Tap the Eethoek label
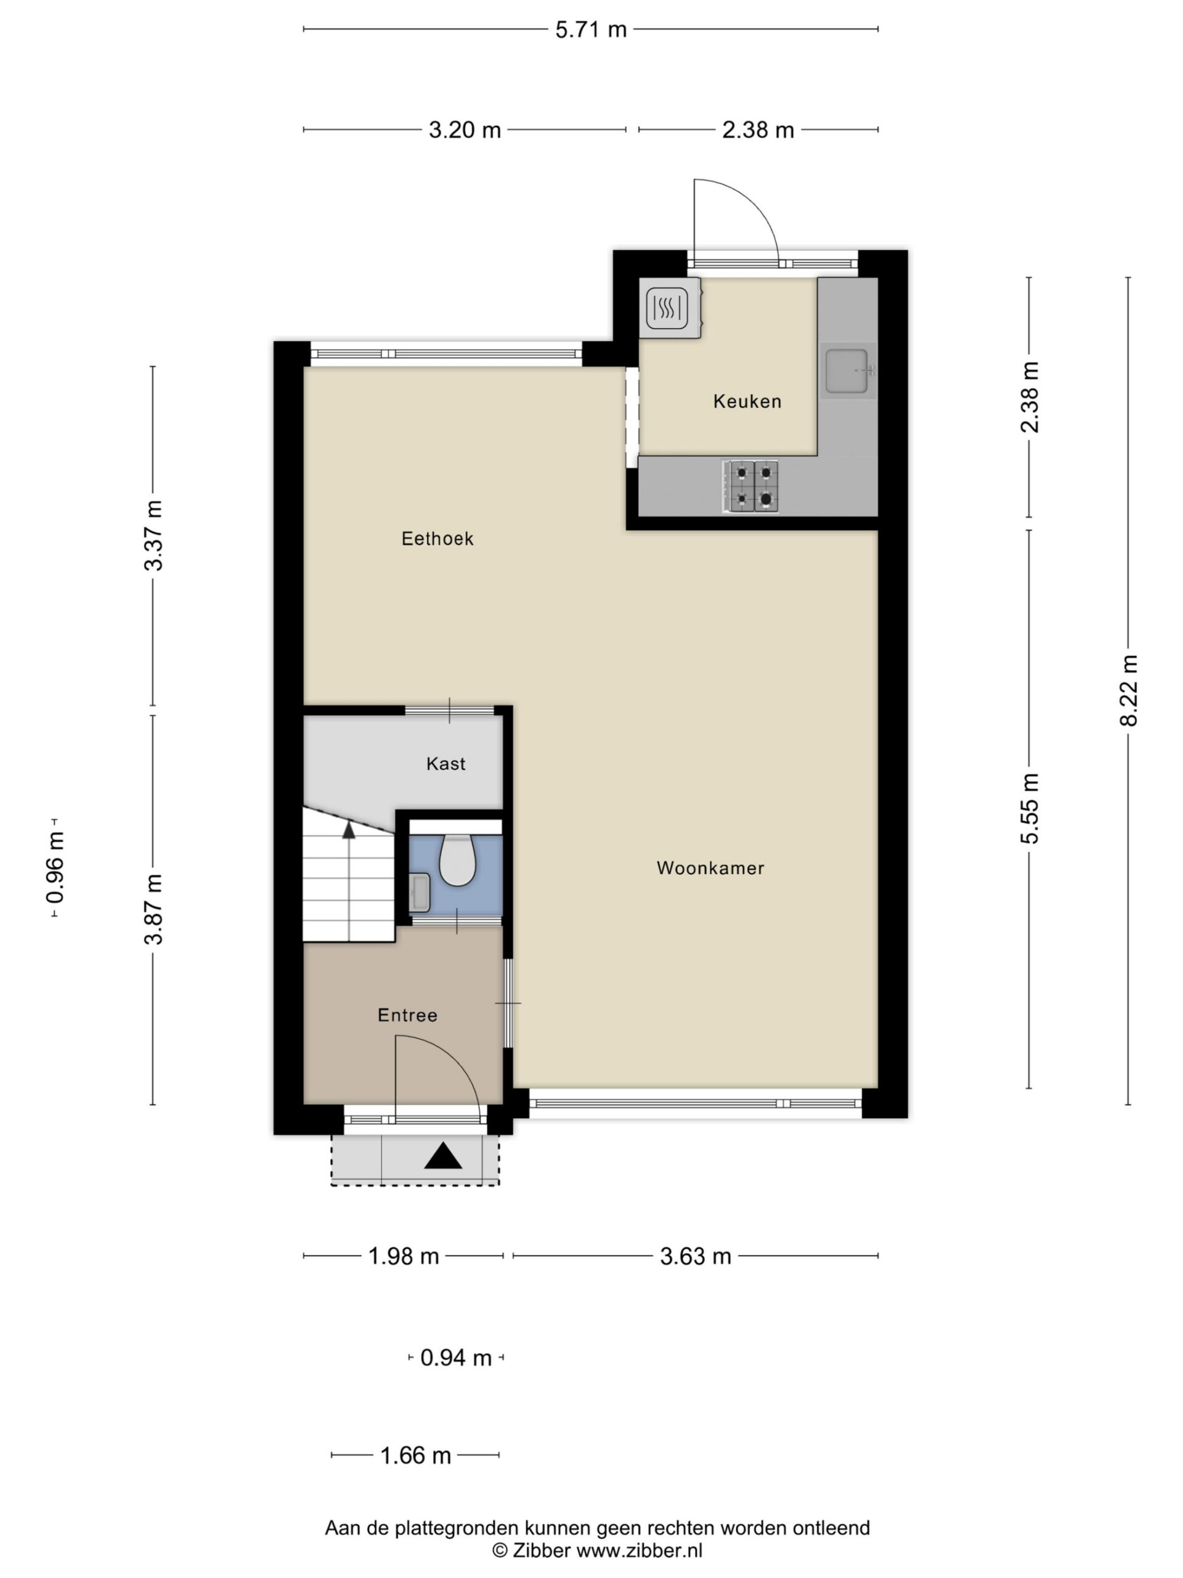pos(437,538)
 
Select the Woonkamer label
pos(710,867)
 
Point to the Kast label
pos(445,763)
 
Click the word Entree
pos(407,1015)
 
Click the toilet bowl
pos(457,861)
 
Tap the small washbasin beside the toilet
pos(420,892)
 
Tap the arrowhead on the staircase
pos(349,829)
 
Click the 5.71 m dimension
pos(590,29)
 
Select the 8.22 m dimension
pos(1128,690)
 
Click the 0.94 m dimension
pos(457,1357)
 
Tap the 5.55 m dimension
pos(1029,808)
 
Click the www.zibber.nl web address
pos(639,1550)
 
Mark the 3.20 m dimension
pos(465,130)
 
